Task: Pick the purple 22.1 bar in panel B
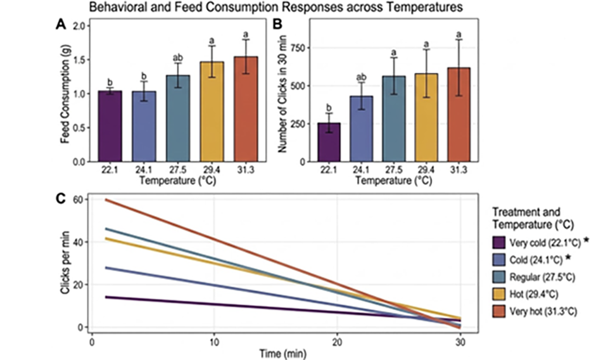(x=328, y=143)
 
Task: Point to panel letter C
(x=62, y=197)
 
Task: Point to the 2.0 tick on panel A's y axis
(x=79, y=26)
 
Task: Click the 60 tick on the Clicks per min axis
(x=79, y=199)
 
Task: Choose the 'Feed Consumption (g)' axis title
(x=65, y=94)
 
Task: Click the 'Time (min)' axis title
(x=275, y=352)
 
